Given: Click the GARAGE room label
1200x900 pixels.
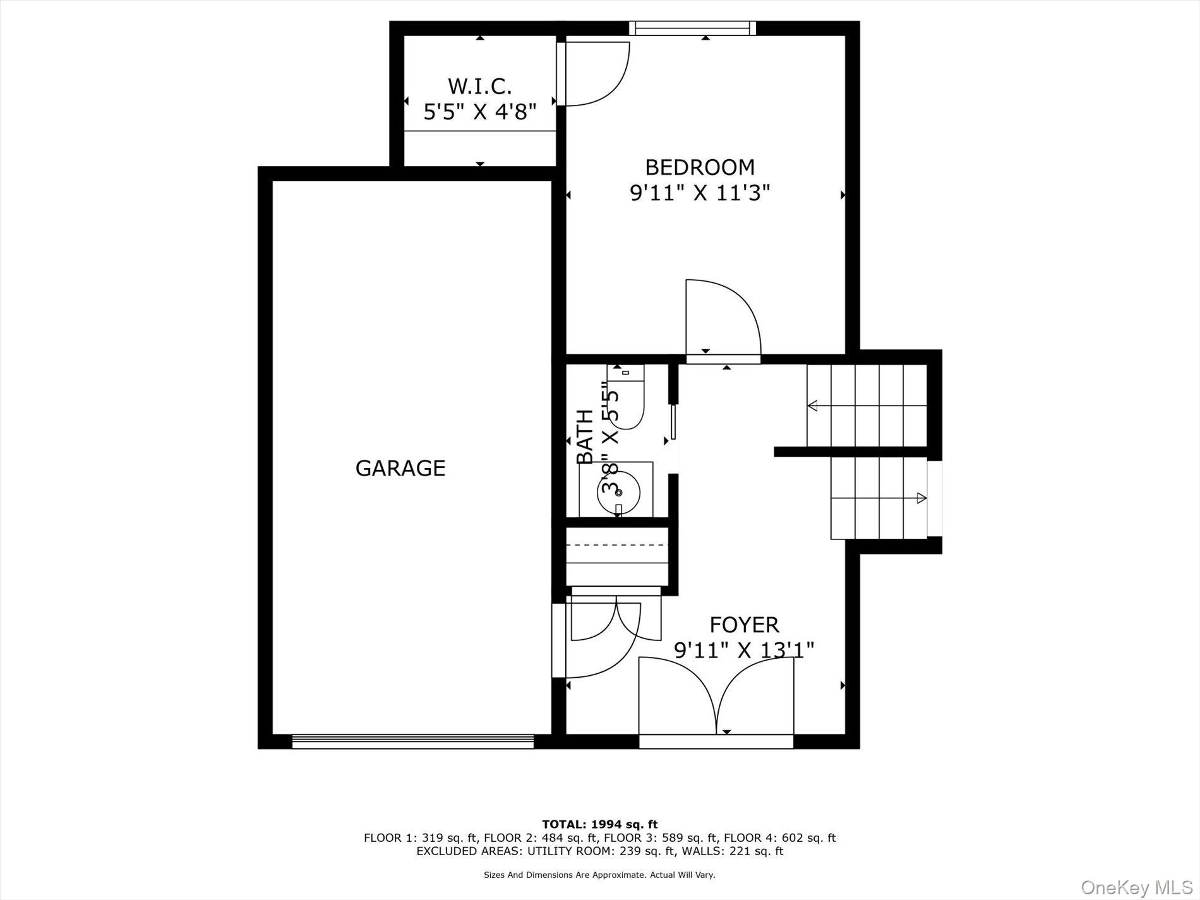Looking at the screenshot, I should pos(400,468).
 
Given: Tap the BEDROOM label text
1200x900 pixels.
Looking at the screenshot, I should pos(700,167).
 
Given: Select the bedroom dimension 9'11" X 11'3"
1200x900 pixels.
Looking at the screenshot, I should pos(700,193).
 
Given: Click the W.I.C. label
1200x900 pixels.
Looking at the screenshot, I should pos(479,86).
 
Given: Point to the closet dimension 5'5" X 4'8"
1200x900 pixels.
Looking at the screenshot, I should pos(479,112).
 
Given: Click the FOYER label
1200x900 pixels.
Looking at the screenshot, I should pos(744,625).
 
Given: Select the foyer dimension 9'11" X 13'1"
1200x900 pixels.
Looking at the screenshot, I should pos(744,650).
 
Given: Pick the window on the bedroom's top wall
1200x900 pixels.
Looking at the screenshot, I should pos(692,28).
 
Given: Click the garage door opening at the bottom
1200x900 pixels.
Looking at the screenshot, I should pos(412,741).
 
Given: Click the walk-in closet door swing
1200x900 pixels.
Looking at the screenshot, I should pos(594,73).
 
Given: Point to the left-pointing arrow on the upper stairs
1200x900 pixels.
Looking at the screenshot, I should pos(813,405).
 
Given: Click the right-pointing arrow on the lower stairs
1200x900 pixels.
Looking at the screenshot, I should pos(921,498).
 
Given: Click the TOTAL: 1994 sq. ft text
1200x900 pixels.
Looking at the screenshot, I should pos(599,824).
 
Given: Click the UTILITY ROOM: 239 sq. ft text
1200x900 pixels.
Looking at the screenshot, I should pos(641,851).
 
